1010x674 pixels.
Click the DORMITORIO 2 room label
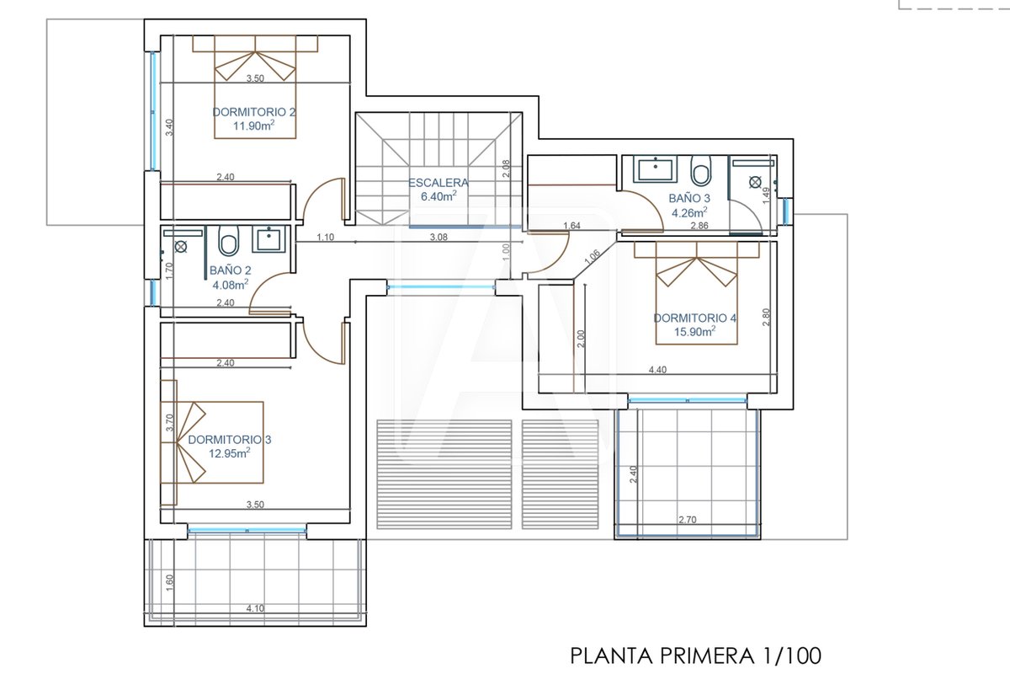(x=254, y=112)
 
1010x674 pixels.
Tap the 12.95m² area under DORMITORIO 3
(x=230, y=452)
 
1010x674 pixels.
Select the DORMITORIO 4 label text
(x=695, y=318)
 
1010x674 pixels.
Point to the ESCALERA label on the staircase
(x=439, y=183)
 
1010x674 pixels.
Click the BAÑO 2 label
(x=231, y=270)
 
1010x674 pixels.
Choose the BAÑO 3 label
(x=689, y=198)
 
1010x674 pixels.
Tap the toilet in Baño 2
(x=229, y=241)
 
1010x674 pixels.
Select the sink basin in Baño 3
(x=656, y=169)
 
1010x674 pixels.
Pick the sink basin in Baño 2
(x=268, y=239)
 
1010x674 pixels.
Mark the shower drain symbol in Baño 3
(x=755, y=182)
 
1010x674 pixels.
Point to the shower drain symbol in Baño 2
(x=181, y=247)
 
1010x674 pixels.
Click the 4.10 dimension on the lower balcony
(x=255, y=608)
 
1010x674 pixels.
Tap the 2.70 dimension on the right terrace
(x=688, y=520)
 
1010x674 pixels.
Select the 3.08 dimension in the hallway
(x=439, y=237)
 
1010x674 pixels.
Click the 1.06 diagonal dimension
(x=592, y=256)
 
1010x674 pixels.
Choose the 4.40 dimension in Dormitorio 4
(x=657, y=370)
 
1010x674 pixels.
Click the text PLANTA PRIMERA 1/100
(x=696, y=656)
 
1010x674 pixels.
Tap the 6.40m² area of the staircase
(x=439, y=196)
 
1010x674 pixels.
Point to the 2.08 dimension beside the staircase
(x=506, y=168)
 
